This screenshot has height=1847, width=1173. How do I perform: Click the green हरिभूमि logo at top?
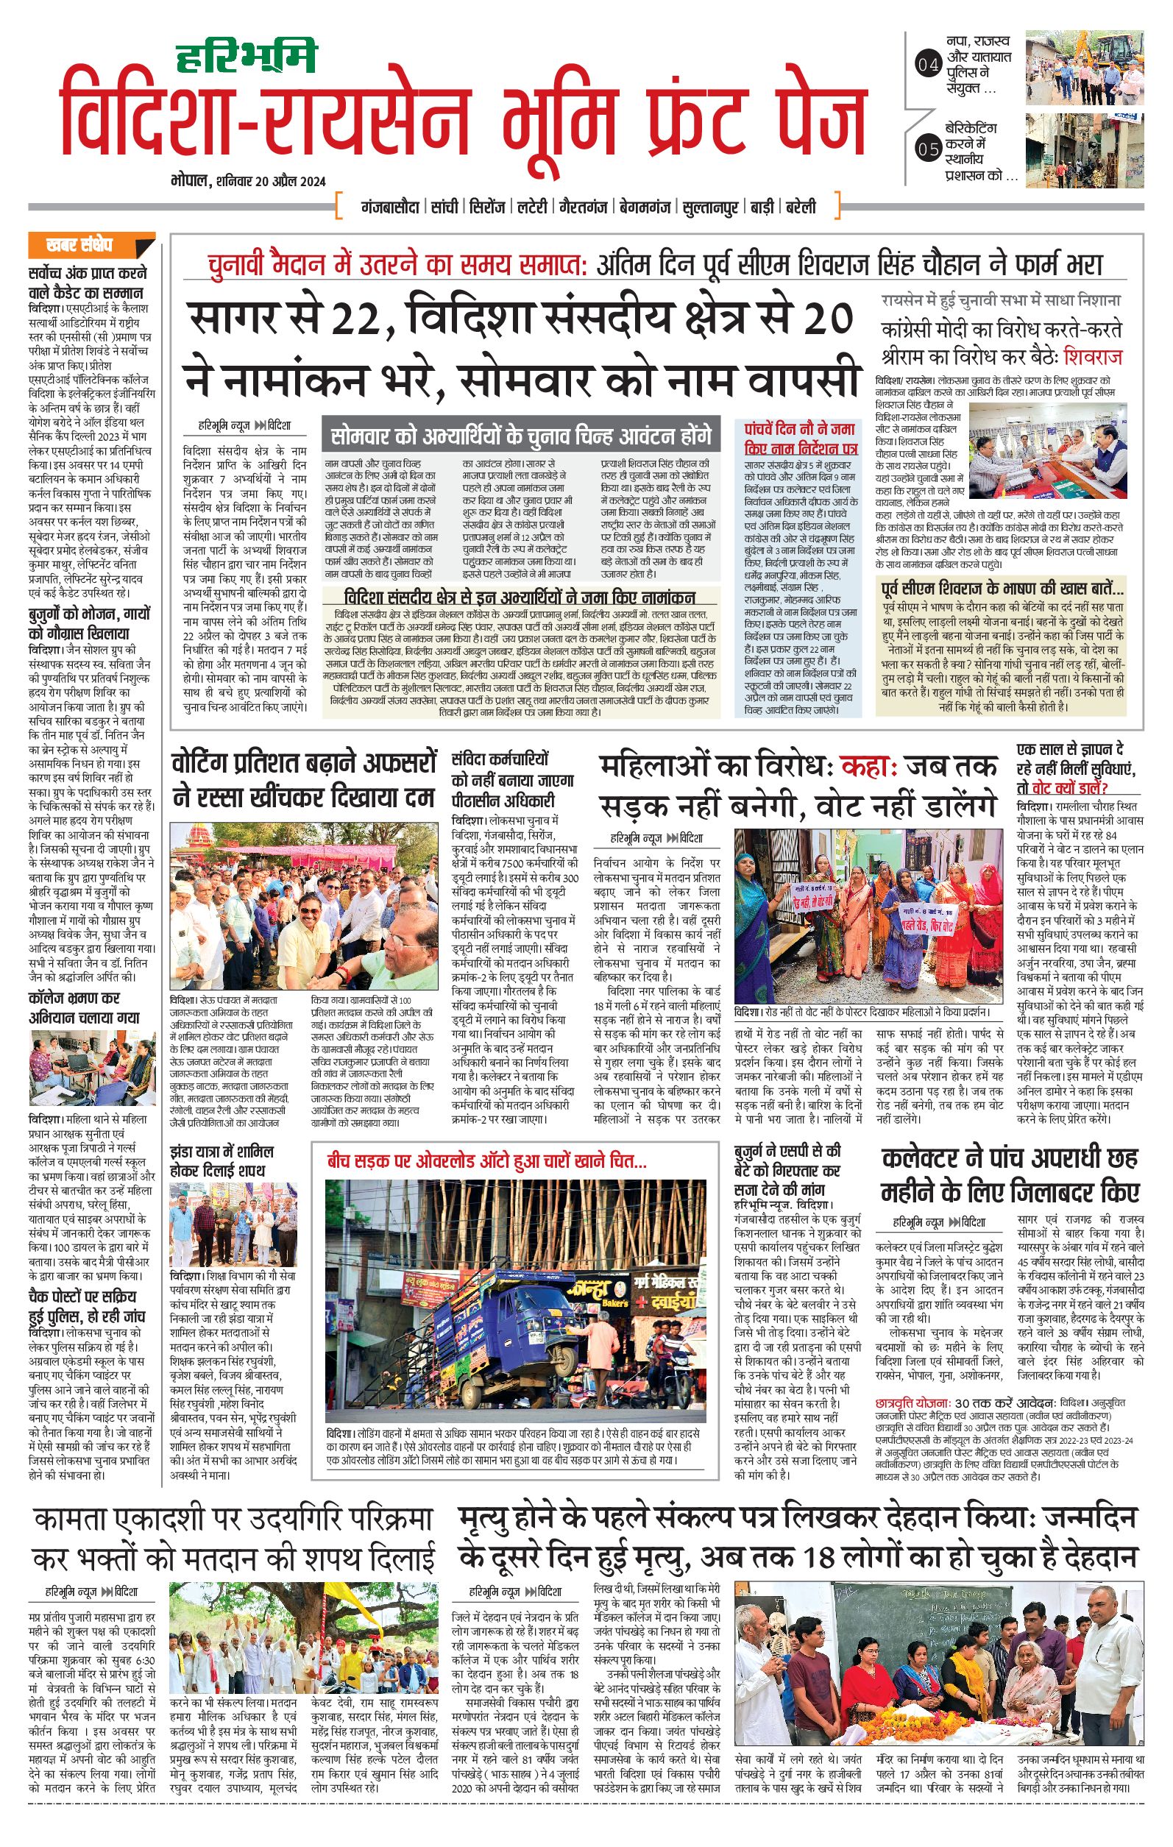tap(246, 58)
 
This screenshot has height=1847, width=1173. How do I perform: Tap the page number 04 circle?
tap(928, 65)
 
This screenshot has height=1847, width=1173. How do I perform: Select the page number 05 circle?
tap(928, 149)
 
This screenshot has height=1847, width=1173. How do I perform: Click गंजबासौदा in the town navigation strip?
tap(390, 207)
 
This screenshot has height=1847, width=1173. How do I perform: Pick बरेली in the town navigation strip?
tap(801, 207)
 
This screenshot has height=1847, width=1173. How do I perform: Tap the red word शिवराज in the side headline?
tap(1091, 358)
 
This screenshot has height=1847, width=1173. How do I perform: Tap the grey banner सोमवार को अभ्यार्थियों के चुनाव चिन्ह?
tap(521, 436)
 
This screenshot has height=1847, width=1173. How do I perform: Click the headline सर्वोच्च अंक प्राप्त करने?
tap(88, 274)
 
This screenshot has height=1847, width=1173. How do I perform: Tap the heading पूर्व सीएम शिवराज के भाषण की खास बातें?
tap(1003, 589)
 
